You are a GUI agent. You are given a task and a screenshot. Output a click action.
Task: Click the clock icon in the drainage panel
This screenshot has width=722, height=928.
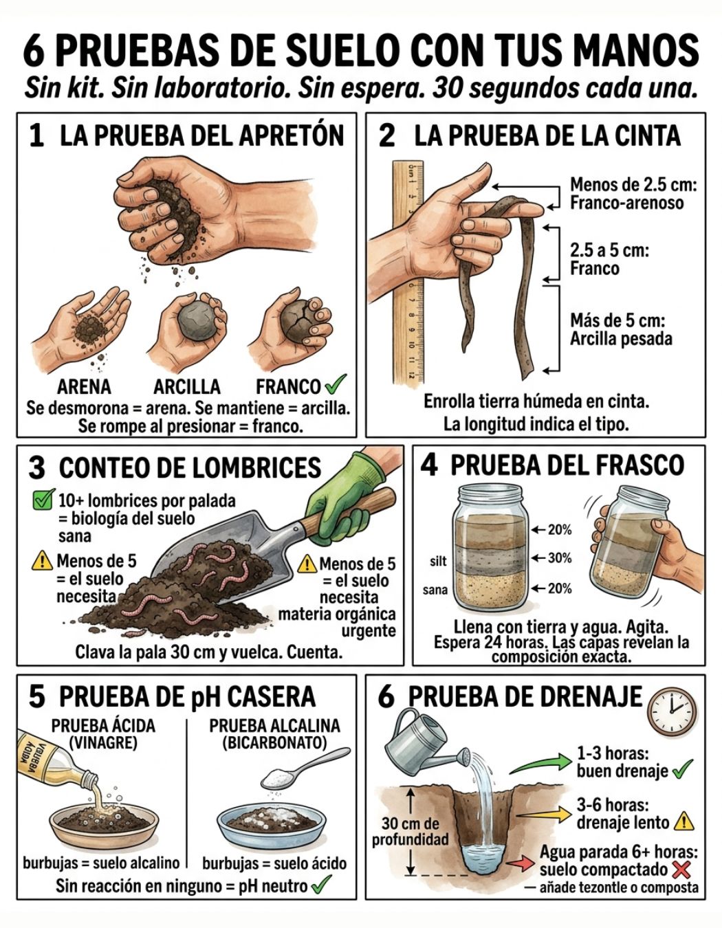pos(672,711)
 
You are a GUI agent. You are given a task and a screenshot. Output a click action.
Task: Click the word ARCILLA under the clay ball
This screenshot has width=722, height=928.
pos(187,386)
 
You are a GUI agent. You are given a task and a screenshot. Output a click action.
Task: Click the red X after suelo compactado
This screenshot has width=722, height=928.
pos(681,870)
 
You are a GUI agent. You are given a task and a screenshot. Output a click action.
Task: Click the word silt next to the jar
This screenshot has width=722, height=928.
pos(438,562)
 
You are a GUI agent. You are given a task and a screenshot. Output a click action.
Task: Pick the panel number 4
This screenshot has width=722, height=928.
pos(429,466)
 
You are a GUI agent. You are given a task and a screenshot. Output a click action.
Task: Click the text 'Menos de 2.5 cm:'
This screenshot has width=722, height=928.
pos(633,185)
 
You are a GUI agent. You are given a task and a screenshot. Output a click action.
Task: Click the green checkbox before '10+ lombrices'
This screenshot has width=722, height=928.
pos(43,500)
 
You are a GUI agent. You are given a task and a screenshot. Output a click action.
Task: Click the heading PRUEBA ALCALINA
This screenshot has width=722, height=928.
pos(274,726)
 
